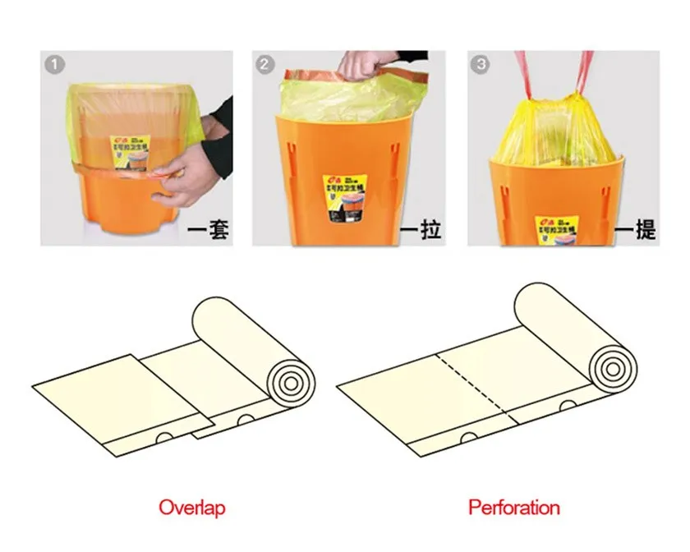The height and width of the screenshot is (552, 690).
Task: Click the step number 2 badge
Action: click(264, 64)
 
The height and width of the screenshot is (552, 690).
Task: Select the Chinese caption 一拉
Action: click(421, 231)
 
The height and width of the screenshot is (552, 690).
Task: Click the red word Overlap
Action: click(191, 507)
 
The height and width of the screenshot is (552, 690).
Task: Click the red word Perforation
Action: click(514, 507)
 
